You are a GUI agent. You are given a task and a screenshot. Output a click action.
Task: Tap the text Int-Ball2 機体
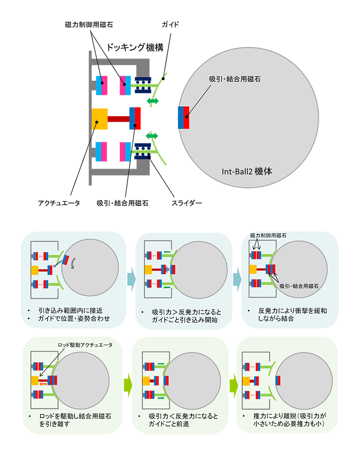[247, 172]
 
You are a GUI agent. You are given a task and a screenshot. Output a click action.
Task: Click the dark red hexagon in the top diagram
[118, 118]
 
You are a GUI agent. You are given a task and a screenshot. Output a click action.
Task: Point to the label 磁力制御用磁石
[268, 235]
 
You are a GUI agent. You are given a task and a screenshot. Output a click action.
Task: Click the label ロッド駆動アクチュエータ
[85, 345]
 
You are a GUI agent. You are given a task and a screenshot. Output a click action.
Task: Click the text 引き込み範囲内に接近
[67, 311]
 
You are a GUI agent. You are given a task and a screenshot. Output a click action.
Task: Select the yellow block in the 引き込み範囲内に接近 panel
[35, 270]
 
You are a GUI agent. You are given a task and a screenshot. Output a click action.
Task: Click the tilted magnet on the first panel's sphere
[67, 260]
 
